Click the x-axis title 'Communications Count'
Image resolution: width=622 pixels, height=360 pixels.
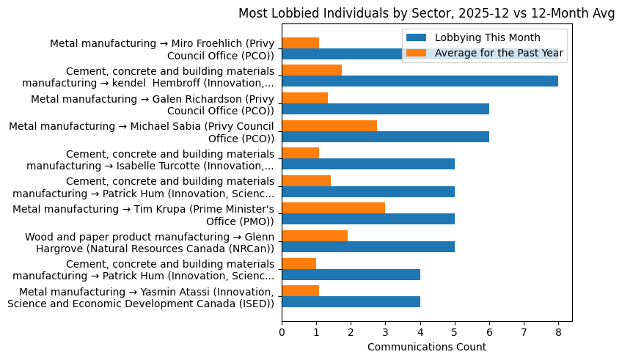click(x=426, y=346)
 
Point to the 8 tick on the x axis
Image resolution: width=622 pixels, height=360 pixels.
click(x=558, y=332)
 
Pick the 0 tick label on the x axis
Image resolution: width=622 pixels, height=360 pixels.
click(x=282, y=332)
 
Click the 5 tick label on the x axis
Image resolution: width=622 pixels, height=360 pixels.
click(x=455, y=332)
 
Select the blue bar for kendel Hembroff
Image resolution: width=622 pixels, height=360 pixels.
click(x=420, y=81)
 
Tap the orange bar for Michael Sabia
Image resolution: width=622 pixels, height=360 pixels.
click(x=329, y=125)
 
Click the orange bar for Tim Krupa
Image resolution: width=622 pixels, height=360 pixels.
click(x=333, y=208)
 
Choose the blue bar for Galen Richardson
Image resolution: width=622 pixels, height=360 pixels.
click(x=385, y=109)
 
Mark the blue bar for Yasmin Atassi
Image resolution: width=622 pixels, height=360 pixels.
click(x=351, y=301)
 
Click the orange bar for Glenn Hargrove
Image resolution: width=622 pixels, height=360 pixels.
click(x=315, y=235)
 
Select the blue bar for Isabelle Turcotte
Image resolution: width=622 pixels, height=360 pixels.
click(x=368, y=164)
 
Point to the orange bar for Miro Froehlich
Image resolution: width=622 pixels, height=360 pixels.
click(x=300, y=43)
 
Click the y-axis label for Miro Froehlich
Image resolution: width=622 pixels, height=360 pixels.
click(x=162, y=49)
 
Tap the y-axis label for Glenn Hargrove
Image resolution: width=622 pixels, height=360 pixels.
click(x=150, y=242)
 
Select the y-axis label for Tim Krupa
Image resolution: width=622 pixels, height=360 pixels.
click(x=143, y=215)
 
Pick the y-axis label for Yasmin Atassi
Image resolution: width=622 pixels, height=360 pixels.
click(x=141, y=298)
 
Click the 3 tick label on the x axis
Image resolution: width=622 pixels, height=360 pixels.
click(x=385, y=332)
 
